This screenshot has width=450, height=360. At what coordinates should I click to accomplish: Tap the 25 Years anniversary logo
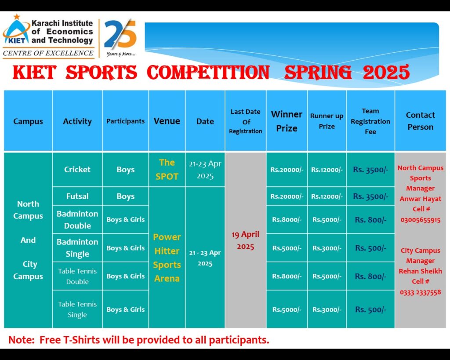tap(120, 37)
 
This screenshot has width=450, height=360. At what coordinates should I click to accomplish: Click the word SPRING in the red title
tap(318, 72)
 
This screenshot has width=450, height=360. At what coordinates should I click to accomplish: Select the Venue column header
tap(167, 121)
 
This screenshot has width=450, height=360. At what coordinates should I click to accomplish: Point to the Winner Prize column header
tap(287, 121)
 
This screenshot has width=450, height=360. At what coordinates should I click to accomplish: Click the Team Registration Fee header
tap(370, 121)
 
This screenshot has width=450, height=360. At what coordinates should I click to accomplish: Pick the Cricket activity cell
tap(77, 169)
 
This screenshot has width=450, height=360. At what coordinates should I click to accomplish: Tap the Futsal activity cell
tap(77, 196)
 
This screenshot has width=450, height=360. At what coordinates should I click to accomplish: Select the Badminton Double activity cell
tap(77, 220)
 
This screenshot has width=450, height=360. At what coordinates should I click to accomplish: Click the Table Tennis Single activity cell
tap(77, 309)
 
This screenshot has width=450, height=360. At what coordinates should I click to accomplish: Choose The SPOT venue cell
tap(167, 169)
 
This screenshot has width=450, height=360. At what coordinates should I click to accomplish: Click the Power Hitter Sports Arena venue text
tap(167, 258)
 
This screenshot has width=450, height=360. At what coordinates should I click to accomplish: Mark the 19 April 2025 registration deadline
tap(245, 240)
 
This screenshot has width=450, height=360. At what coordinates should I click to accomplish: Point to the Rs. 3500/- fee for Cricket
tap(370, 170)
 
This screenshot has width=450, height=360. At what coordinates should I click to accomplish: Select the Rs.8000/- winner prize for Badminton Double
tap(287, 220)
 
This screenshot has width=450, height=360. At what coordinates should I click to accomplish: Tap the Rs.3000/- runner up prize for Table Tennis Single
tap(327, 309)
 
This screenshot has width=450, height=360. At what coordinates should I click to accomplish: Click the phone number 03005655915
tap(421, 220)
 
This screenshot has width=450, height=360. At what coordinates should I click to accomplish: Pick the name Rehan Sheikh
tap(421, 271)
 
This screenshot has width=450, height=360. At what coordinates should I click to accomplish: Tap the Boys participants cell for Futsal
tap(125, 196)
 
